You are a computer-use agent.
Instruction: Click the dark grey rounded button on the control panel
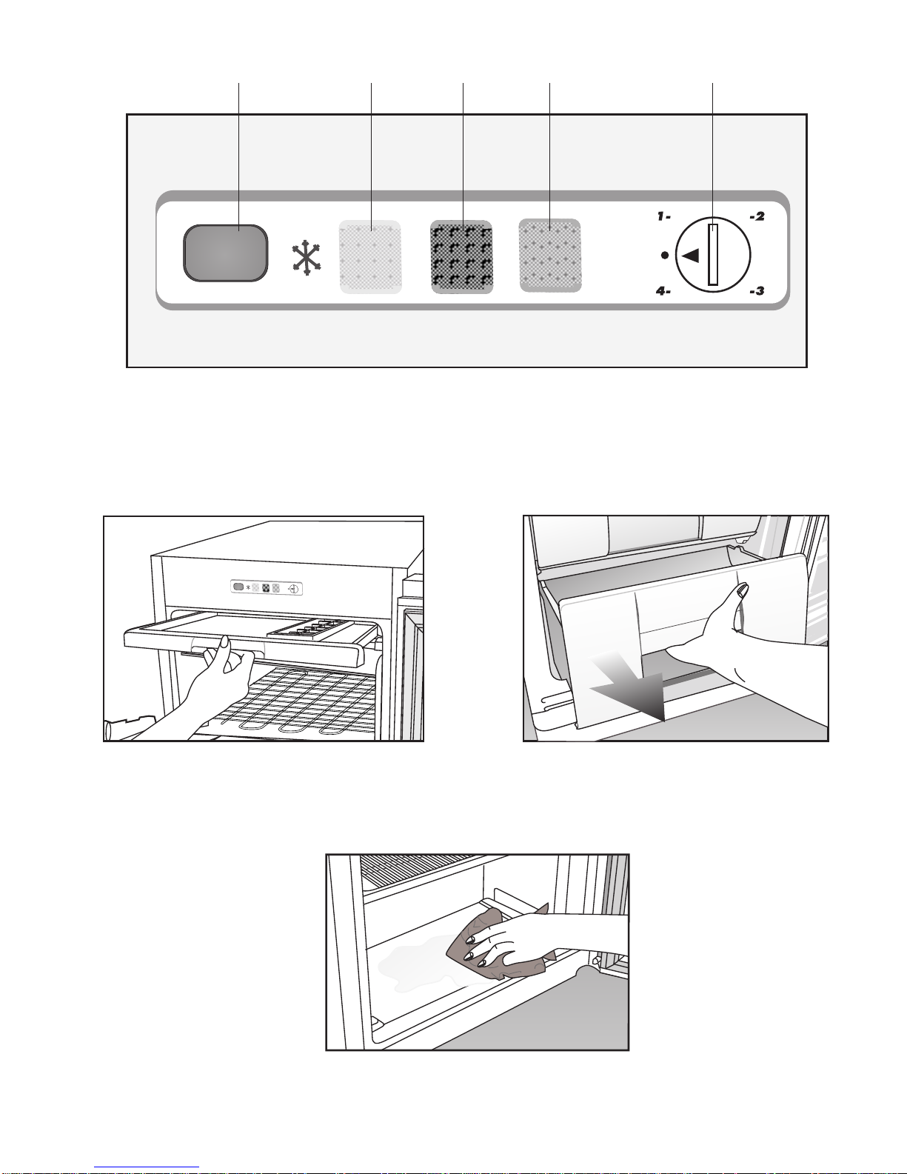pos(226,253)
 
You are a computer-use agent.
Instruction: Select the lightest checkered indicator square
pos(370,257)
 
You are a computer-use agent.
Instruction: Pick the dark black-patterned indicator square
pos(461,257)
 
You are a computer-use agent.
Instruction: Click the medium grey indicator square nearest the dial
pos(550,256)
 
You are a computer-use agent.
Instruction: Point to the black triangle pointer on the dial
pos(691,255)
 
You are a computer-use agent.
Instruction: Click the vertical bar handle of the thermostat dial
pos(714,254)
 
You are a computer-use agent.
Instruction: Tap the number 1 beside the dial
pos(661,216)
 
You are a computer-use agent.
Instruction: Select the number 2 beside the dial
pos(760,216)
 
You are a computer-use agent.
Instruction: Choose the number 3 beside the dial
pos(760,291)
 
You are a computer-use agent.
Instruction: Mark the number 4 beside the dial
pos(661,291)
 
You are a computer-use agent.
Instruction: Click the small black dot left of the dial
pos(665,255)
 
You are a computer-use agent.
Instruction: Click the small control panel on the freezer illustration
pos(266,588)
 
